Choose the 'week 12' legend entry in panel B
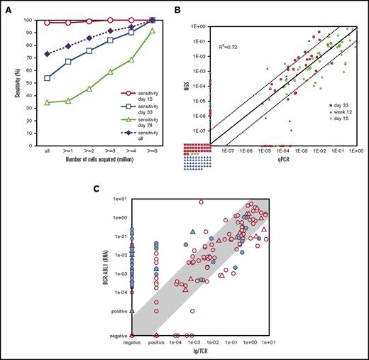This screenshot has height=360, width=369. click(337, 121)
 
